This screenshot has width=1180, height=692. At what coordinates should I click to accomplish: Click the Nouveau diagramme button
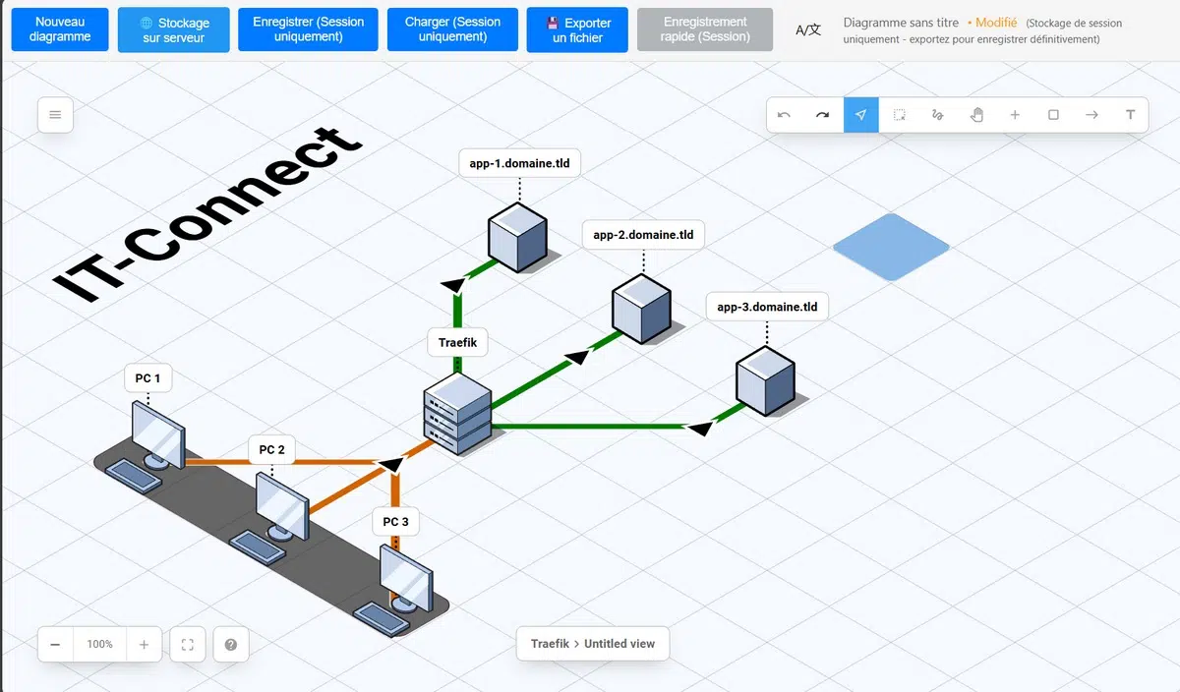coord(60,29)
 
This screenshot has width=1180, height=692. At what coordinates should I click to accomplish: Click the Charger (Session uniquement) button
coord(452,29)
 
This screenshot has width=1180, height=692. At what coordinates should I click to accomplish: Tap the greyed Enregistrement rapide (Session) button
coord(705,29)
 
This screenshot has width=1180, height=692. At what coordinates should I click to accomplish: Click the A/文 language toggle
coord(808,29)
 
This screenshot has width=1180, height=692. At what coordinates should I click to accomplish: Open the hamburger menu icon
coord(55,115)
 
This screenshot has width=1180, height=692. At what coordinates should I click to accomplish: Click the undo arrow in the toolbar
coord(784,115)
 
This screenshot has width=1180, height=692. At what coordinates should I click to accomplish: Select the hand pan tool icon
coord(976,115)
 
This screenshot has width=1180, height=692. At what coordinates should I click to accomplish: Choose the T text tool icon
coord(1130,115)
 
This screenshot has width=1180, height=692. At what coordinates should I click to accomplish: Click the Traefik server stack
coord(457,413)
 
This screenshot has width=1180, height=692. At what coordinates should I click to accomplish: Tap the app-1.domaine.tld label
coord(520,164)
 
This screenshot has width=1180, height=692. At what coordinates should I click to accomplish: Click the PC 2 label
coord(271,450)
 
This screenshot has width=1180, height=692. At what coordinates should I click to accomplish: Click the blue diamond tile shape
coord(891,247)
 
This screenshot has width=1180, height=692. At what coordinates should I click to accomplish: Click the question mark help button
coord(231,645)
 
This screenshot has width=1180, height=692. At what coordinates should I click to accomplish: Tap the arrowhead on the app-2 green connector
coord(578,356)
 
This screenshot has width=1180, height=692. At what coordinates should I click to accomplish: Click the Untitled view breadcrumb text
coord(619,644)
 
